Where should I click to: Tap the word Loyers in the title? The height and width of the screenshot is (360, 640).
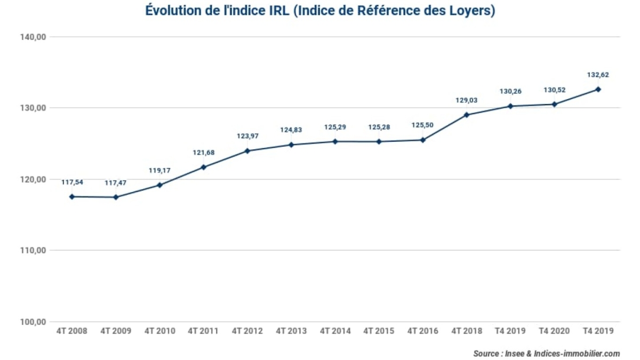[474, 11]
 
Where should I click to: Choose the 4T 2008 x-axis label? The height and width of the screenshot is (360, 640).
[71, 331]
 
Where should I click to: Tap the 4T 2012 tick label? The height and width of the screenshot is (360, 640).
[247, 331]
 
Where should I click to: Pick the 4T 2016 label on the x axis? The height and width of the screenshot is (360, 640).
[422, 331]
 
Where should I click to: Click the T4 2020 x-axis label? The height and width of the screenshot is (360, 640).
[554, 331]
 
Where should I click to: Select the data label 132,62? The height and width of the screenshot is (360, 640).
[598, 75]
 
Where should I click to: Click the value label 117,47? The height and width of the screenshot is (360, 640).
[115, 183]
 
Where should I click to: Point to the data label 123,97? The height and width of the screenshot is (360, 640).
[247, 137]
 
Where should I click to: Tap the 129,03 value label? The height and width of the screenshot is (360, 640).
[466, 100]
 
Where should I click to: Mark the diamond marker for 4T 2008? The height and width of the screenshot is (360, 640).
[71, 197]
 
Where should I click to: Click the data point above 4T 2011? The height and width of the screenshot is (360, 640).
[203, 167]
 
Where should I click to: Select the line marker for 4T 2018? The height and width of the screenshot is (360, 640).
[467, 115]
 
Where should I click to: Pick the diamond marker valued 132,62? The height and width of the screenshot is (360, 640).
[598, 89]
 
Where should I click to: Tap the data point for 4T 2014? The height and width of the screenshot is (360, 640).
[335, 141]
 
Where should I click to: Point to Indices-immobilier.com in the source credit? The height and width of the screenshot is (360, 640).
[578, 354]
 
